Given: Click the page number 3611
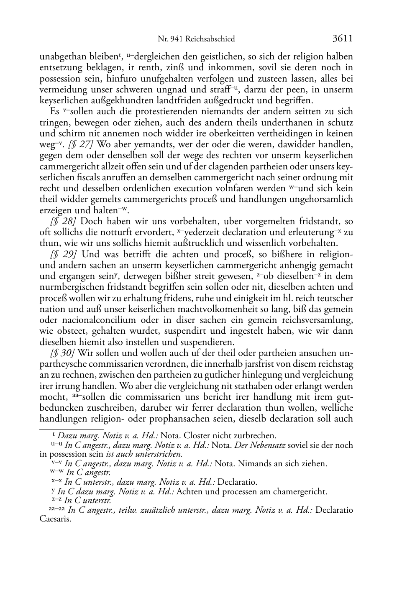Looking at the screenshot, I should (343, 38).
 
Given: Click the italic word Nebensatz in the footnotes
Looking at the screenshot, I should (260, 445).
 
